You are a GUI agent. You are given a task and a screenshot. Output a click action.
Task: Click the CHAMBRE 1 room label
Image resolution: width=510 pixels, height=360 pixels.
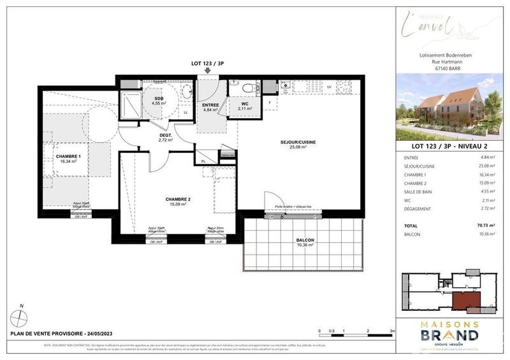[x=66, y=157]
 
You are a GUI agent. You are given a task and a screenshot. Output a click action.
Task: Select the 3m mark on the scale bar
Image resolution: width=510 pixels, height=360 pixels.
[x=393, y=331]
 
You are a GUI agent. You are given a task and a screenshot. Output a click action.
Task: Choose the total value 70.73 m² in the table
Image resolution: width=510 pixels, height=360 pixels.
[x=486, y=225]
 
